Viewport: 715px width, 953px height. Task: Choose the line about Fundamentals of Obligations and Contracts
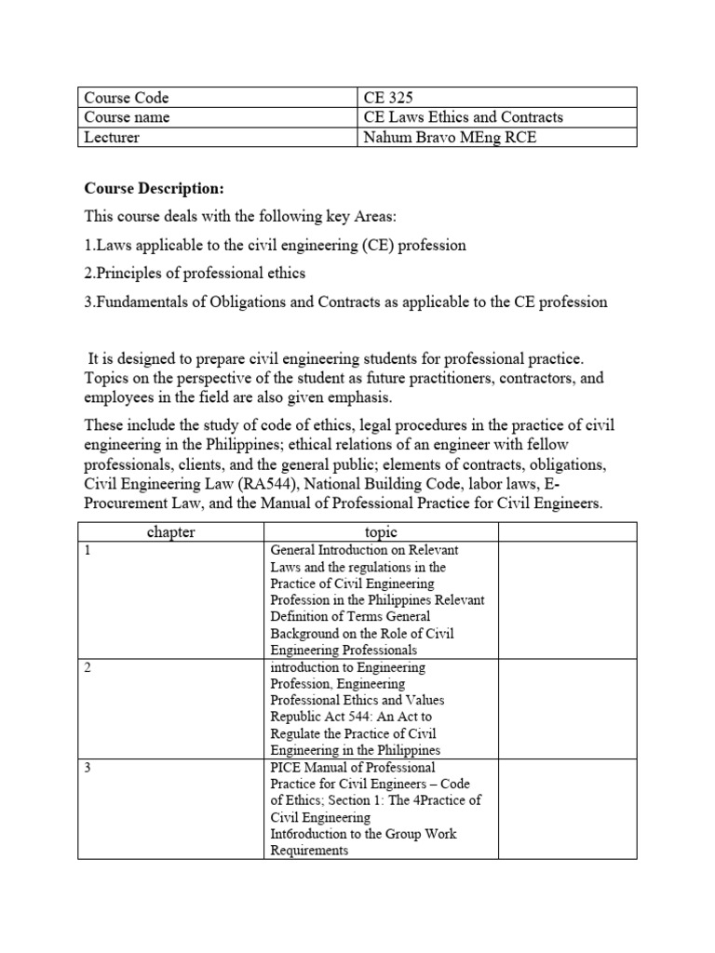tap(345, 302)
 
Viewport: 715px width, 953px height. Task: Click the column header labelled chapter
tap(171, 532)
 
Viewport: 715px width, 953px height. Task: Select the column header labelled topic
tap(382, 532)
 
